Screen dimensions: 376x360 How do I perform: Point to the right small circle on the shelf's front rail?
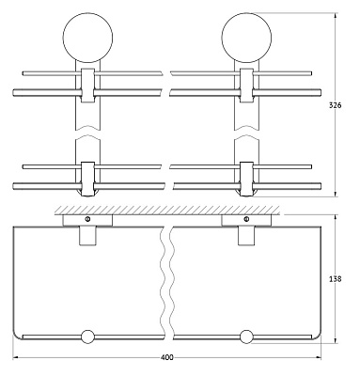coord(247,337)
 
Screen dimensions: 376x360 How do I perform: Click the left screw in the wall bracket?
coord(87,221)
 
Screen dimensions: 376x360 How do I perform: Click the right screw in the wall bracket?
coord(246,221)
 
